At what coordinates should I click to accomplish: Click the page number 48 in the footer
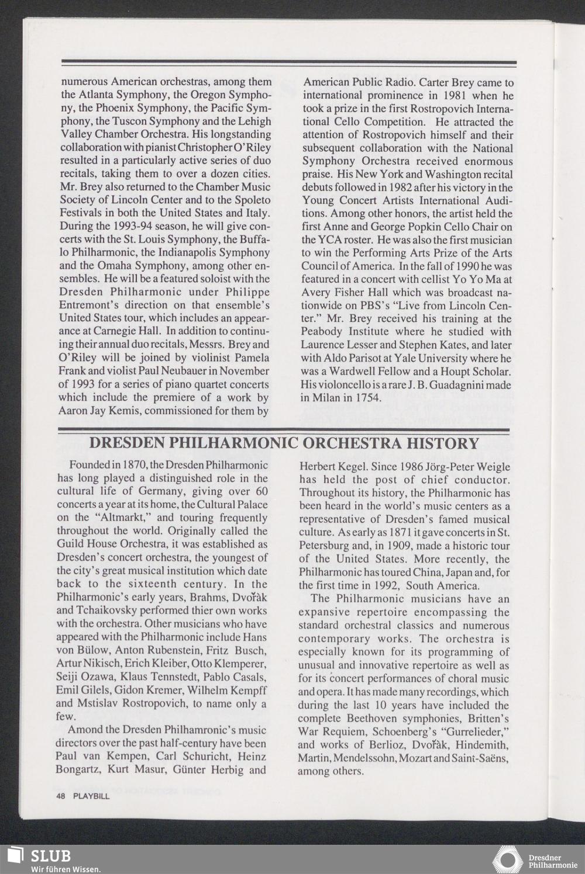(60, 796)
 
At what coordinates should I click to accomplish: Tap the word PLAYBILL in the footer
(91, 796)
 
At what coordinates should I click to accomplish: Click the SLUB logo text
(50, 856)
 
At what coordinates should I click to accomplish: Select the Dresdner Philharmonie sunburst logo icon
(507, 860)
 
